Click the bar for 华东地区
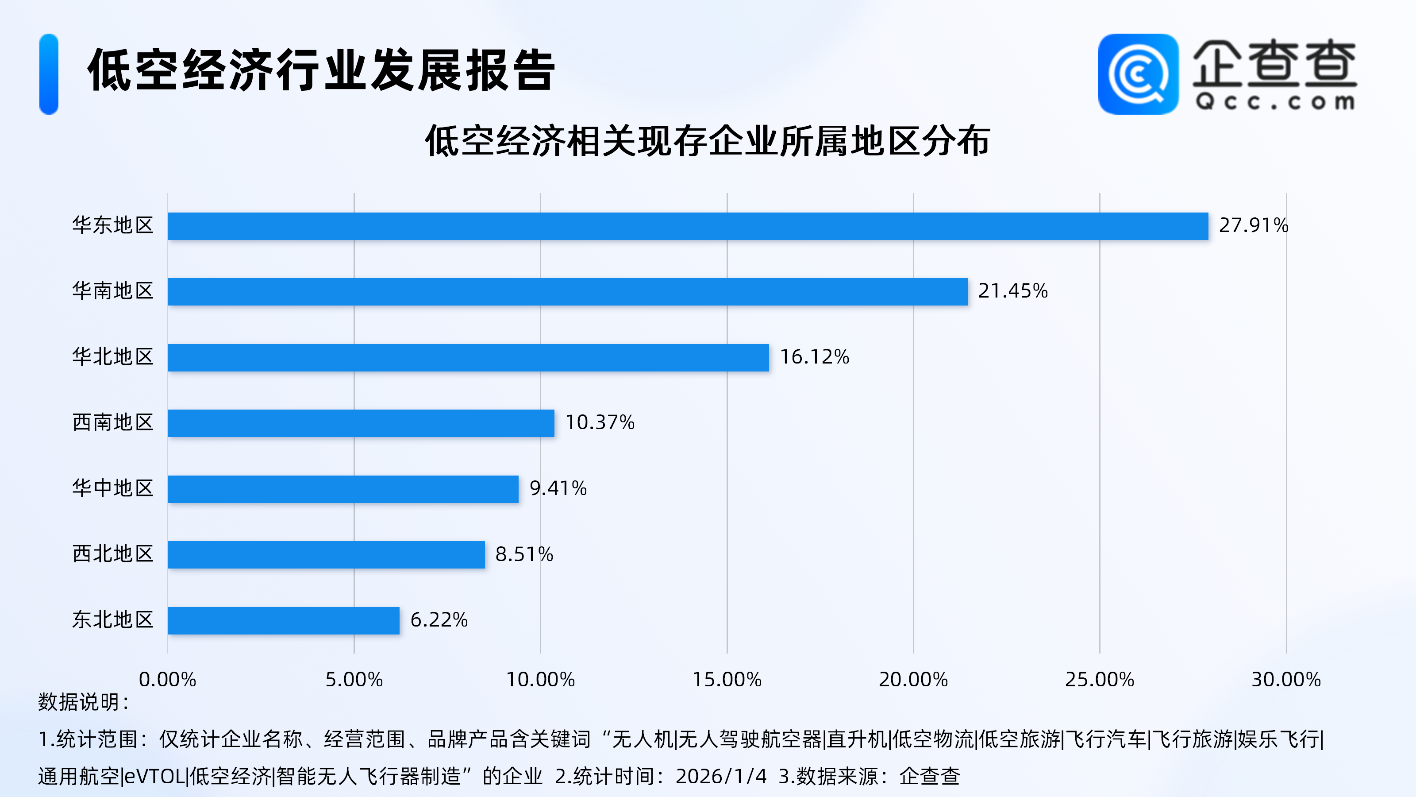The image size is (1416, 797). click(x=687, y=226)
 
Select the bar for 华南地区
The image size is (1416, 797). click(x=567, y=291)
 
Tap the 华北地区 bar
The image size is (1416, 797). click(x=468, y=357)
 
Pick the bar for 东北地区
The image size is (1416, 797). click(x=283, y=620)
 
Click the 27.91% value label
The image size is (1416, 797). click(x=1253, y=225)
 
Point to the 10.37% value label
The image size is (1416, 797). click(x=600, y=422)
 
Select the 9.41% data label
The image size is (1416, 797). click(x=558, y=488)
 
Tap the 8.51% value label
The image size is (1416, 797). click(x=524, y=554)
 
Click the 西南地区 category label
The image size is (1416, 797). click(x=113, y=422)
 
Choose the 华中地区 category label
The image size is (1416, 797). click(x=113, y=488)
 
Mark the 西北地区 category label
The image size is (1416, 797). click(x=113, y=554)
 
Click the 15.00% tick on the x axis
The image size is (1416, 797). click(x=727, y=680)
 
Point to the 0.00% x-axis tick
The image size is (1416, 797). click(x=167, y=680)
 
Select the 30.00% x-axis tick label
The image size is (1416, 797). click(x=1286, y=680)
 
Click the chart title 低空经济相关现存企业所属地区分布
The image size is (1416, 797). click(x=708, y=141)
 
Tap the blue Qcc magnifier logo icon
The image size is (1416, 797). click(x=1138, y=74)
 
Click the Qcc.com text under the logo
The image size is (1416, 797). click(x=1274, y=102)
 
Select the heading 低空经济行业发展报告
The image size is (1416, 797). click(x=322, y=70)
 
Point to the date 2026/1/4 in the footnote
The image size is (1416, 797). click(x=721, y=777)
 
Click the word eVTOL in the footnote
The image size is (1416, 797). click(x=155, y=777)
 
